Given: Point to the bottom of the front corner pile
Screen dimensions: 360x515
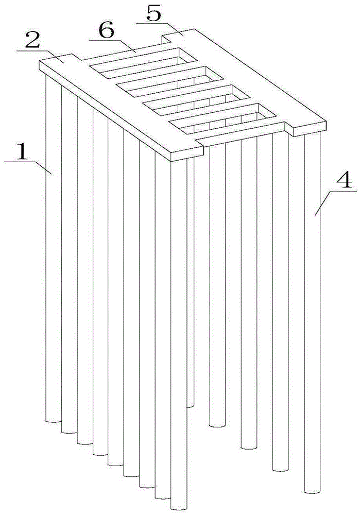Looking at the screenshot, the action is coord(179,507).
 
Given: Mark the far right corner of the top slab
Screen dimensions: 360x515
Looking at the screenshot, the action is coord(327,121).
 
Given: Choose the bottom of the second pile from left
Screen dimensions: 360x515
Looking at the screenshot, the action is coord(70,431).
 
